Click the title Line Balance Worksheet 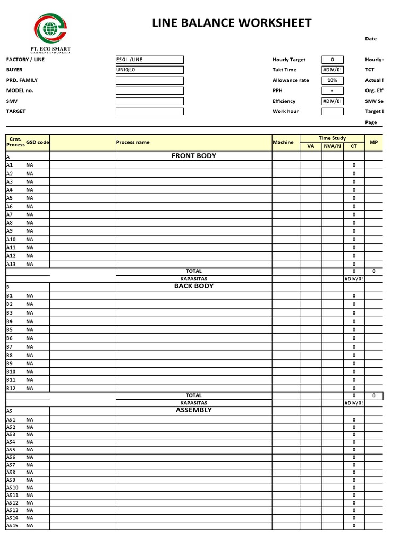coord(232,23)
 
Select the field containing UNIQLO coord(149,70)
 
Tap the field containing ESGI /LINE coord(149,60)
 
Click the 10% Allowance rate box coord(333,80)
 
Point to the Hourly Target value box coord(333,60)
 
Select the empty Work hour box coord(333,111)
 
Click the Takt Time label coord(284,70)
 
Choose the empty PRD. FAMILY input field coord(149,80)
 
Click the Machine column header coord(283,142)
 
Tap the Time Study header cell coord(332,138)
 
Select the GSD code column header coord(38,142)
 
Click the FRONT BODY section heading coord(193,156)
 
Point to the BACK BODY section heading coord(193,286)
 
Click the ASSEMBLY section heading coord(193,410)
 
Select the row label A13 coord(12,264)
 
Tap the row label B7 coord(10,346)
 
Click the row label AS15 coord(12,526)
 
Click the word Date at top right coord(371,39)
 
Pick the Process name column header coord(133,142)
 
